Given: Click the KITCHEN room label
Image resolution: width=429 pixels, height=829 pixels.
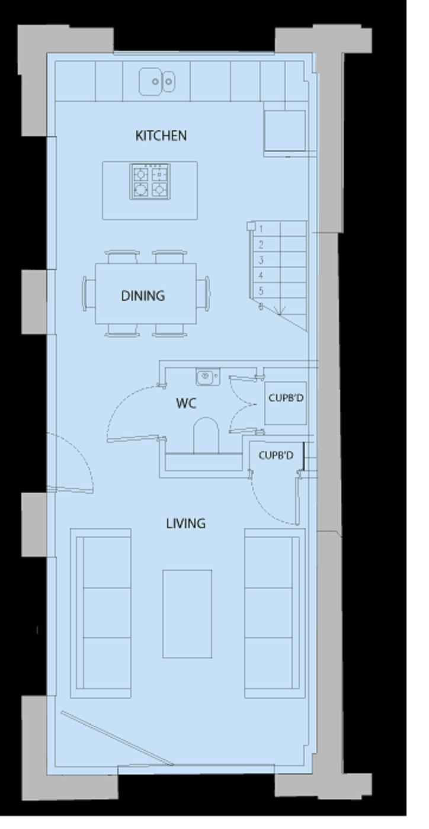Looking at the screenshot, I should coord(161,136).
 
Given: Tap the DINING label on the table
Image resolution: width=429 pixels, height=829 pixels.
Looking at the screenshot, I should coord(143,295).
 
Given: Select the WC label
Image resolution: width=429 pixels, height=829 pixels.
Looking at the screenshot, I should coord(186,404).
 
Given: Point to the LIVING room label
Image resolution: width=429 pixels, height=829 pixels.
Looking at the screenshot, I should coord(185,523).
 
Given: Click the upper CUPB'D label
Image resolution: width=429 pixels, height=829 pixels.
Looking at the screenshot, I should coord(286,398).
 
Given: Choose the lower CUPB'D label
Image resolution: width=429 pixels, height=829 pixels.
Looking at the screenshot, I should coord(276,455).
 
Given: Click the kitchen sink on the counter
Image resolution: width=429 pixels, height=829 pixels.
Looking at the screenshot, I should coord(157,81).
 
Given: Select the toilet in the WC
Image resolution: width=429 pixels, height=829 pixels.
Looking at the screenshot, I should coord(206,435).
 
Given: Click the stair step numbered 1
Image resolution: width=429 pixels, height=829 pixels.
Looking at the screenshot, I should coord(261,229).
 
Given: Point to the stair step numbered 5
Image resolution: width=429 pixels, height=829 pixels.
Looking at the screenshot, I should coord(261,291).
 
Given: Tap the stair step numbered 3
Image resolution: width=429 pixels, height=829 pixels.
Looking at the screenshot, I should coord(261,260).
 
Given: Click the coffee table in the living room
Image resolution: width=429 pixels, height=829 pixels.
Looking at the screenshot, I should coord(187,613).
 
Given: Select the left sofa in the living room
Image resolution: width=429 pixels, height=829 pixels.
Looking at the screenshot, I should coord(101,613).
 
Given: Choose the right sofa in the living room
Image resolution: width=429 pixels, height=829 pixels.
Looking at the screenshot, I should coord(274,613).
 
